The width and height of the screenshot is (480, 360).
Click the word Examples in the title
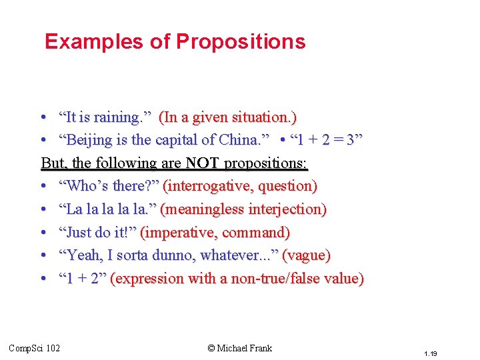[94, 42]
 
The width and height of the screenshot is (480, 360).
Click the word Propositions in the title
[240, 42]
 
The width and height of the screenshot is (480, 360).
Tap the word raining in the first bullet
[117, 118]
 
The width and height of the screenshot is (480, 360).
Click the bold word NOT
[203, 163]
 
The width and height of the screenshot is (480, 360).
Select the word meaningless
[202, 209]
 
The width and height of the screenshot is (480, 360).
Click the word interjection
[287, 209]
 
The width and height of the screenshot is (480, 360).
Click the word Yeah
[81, 255]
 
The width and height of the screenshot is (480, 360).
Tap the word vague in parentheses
[307, 255]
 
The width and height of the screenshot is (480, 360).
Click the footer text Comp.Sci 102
[34, 348]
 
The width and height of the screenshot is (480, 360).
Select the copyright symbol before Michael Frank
[211, 348]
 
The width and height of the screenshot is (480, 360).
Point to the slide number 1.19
[430, 353]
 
